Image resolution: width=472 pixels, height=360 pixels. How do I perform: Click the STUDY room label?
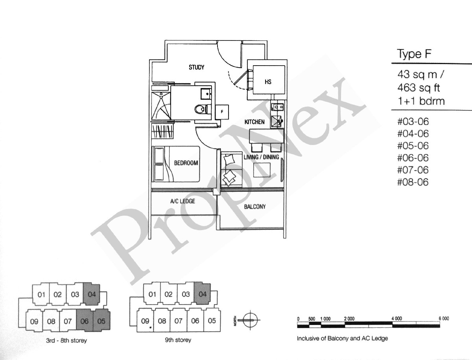(196, 68)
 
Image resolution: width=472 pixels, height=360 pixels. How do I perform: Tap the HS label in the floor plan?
(268, 82)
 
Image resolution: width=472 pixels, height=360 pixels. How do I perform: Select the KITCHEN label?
(254, 122)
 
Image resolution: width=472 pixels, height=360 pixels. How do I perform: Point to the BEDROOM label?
(186, 163)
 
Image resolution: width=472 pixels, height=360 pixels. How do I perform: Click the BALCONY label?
(255, 207)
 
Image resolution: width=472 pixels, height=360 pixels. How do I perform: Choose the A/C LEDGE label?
(183, 201)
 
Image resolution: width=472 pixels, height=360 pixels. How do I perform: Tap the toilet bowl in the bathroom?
(201, 109)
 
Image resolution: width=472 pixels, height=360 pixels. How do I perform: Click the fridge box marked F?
(222, 112)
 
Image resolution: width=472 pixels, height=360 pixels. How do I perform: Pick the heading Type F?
(414, 54)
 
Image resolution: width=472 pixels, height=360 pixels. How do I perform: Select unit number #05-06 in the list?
(413, 146)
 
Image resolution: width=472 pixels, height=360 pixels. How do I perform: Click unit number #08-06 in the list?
(413, 182)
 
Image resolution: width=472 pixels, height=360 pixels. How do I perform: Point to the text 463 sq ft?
(419, 88)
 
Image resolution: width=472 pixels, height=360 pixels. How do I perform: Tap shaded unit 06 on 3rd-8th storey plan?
(85, 321)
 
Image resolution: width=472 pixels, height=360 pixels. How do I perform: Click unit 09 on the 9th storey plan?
(145, 321)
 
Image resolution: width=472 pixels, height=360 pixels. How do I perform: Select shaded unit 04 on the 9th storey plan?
(202, 294)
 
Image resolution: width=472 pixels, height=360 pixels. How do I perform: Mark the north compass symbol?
(250, 320)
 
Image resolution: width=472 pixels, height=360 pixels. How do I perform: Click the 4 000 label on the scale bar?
(397, 319)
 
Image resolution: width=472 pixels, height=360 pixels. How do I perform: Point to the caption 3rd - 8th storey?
(66, 340)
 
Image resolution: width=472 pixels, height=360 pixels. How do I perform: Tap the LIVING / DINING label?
(261, 157)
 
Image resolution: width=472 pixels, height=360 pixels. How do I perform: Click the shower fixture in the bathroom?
(161, 106)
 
